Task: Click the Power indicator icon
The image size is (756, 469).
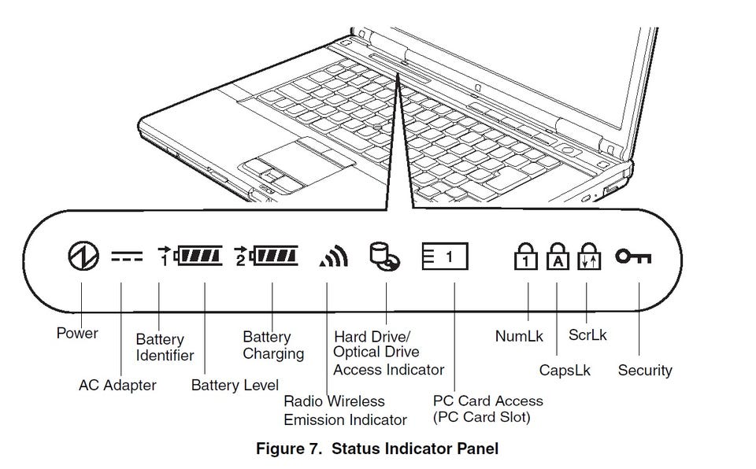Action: coord(83,256)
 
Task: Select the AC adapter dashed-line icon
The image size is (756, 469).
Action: coord(127,256)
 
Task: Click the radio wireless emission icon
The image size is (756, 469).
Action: coord(334,256)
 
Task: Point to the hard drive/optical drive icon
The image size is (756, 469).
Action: coord(384,256)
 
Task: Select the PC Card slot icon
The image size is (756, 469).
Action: coord(444,256)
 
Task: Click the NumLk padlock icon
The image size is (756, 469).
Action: coord(525,256)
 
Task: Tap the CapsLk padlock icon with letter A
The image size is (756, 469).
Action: coord(558,256)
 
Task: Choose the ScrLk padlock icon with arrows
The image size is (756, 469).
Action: coord(589,256)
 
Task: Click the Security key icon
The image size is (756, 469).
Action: coord(633,257)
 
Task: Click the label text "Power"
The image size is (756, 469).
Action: coord(77,333)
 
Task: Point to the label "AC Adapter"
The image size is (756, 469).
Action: coord(117,385)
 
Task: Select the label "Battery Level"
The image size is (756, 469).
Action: coord(235,385)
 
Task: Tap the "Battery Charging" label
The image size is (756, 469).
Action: coord(273,345)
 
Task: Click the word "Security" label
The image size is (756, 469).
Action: coord(645,370)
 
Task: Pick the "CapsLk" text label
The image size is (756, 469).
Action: coord(565,370)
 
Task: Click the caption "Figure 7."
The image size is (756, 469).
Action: coord(289,449)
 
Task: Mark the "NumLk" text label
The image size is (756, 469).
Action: coord(519,336)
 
